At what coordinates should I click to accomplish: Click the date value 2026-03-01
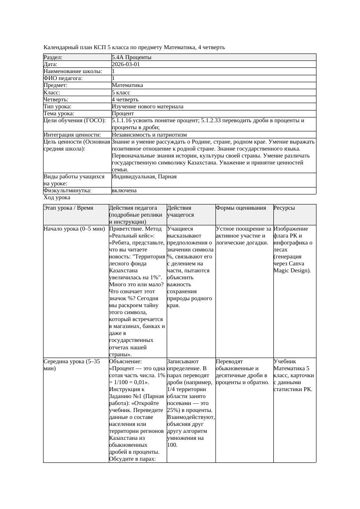point(126,64)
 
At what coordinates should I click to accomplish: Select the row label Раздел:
point(53,57)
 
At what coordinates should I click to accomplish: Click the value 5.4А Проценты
point(131,57)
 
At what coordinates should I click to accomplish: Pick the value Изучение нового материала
point(147,106)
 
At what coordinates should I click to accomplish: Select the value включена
point(124,191)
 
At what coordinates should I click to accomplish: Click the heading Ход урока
point(57,198)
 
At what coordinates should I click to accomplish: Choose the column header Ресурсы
point(284,208)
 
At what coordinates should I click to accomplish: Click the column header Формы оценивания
point(241,208)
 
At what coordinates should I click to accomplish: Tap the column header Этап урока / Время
point(68,208)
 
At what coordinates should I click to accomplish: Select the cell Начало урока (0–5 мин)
point(74,229)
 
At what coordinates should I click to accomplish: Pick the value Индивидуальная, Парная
point(144,177)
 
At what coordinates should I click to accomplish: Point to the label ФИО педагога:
point(63,78)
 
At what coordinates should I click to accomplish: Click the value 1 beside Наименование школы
point(113,71)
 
